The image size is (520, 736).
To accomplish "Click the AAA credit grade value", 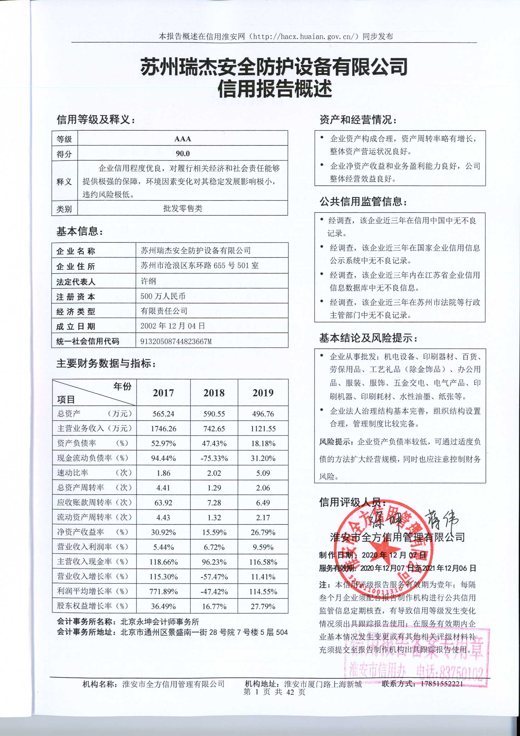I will (x=183, y=139).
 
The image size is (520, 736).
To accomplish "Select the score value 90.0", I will (x=183, y=154).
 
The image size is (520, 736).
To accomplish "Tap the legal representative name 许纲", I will (x=148, y=281).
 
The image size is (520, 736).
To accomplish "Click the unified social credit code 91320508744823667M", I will (x=176, y=341).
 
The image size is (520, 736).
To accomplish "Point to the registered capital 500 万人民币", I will (x=163, y=296).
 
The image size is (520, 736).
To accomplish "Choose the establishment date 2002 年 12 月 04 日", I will (x=172, y=326).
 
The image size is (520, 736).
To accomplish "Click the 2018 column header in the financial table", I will (x=214, y=393).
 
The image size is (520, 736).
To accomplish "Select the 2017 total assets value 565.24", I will (x=163, y=414).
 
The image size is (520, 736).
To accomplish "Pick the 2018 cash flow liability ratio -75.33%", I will (x=214, y=458).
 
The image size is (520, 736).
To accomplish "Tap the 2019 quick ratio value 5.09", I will (x=263, y=473).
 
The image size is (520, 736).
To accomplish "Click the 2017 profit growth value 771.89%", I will (x=163, y=592).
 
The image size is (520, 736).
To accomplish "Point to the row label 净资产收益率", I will (x=81, y=532).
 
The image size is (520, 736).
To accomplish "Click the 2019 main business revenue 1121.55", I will (x=263, y=429).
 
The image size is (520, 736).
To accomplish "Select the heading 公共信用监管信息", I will (x=363, y=202).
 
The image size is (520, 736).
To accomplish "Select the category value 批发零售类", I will (x=183, y=209).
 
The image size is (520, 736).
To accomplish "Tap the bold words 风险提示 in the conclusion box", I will (x=334, y=442).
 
